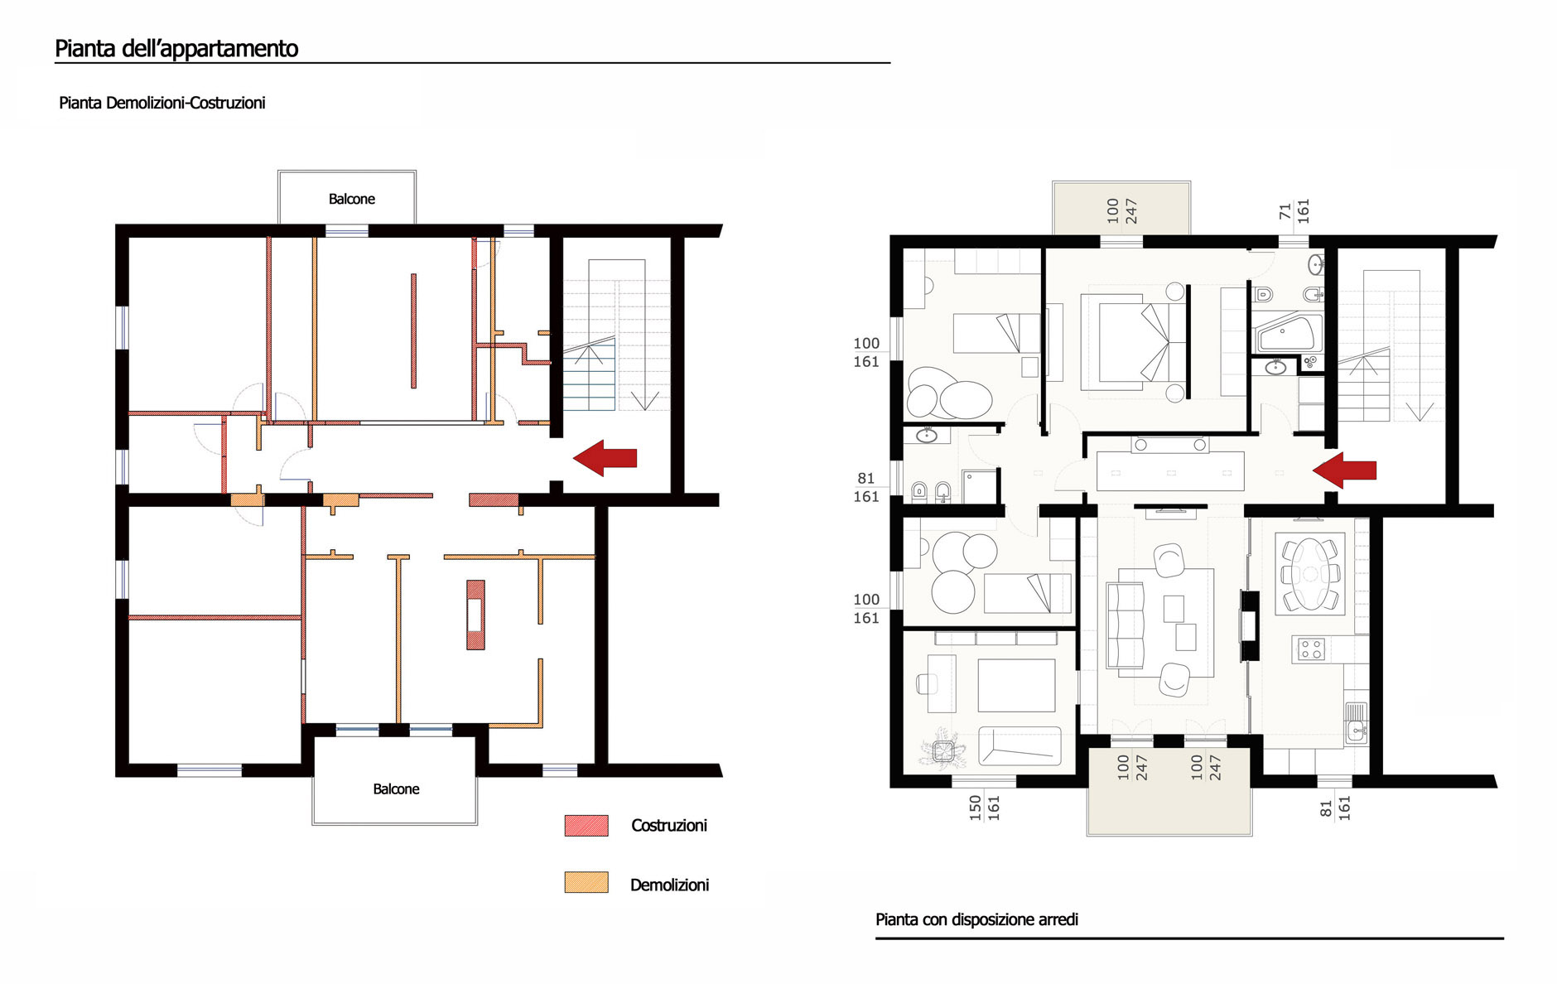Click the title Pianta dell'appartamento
coord(176,49)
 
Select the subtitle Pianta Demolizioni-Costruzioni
coord(162,104)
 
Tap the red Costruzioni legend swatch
coord(586,825)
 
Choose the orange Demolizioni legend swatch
coord(586,883)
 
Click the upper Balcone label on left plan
coord(352,199)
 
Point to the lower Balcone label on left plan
coord(396,789)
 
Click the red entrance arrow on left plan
coord(605,458)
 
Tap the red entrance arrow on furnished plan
coord(1344,470)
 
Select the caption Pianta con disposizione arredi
coord(976,919)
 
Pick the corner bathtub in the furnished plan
coord(1286,334)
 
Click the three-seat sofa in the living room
coord(1126,625)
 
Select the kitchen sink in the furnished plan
coord(1356,722)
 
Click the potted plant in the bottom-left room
coord(943,750)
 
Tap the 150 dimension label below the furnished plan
coord(976,808)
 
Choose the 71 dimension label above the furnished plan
coord(1285,212)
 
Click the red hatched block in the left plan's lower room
coord(475,615)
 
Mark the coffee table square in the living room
coord(1174,609)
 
